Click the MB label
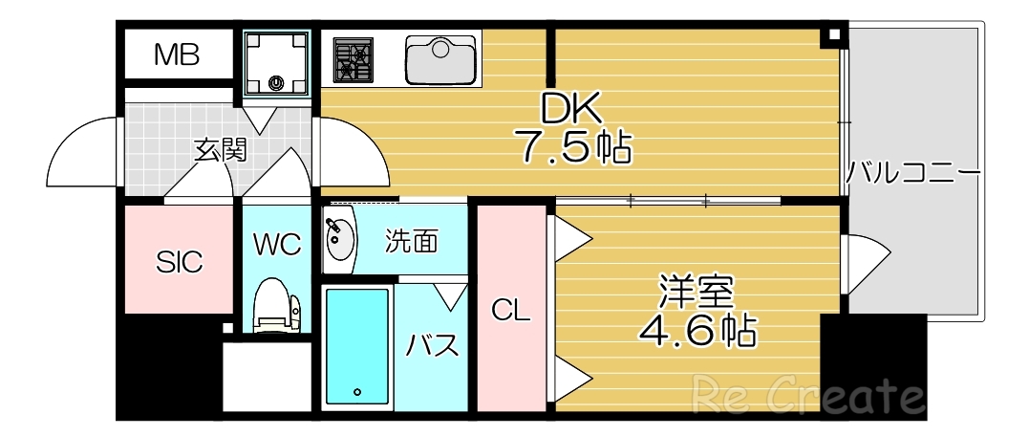click(178, 55)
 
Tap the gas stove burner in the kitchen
click(353, 59)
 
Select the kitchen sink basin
click(440, 59)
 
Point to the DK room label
click(572, 109)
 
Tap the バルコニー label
click(913, 174)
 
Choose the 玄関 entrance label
click(221, 150)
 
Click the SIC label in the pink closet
click(180, 261)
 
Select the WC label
click(277, 244)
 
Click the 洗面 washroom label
click(412, 241)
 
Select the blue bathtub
click(358, 346)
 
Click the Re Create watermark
click(807, 393)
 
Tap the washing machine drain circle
click(277, 82)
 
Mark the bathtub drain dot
click(357, 391)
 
